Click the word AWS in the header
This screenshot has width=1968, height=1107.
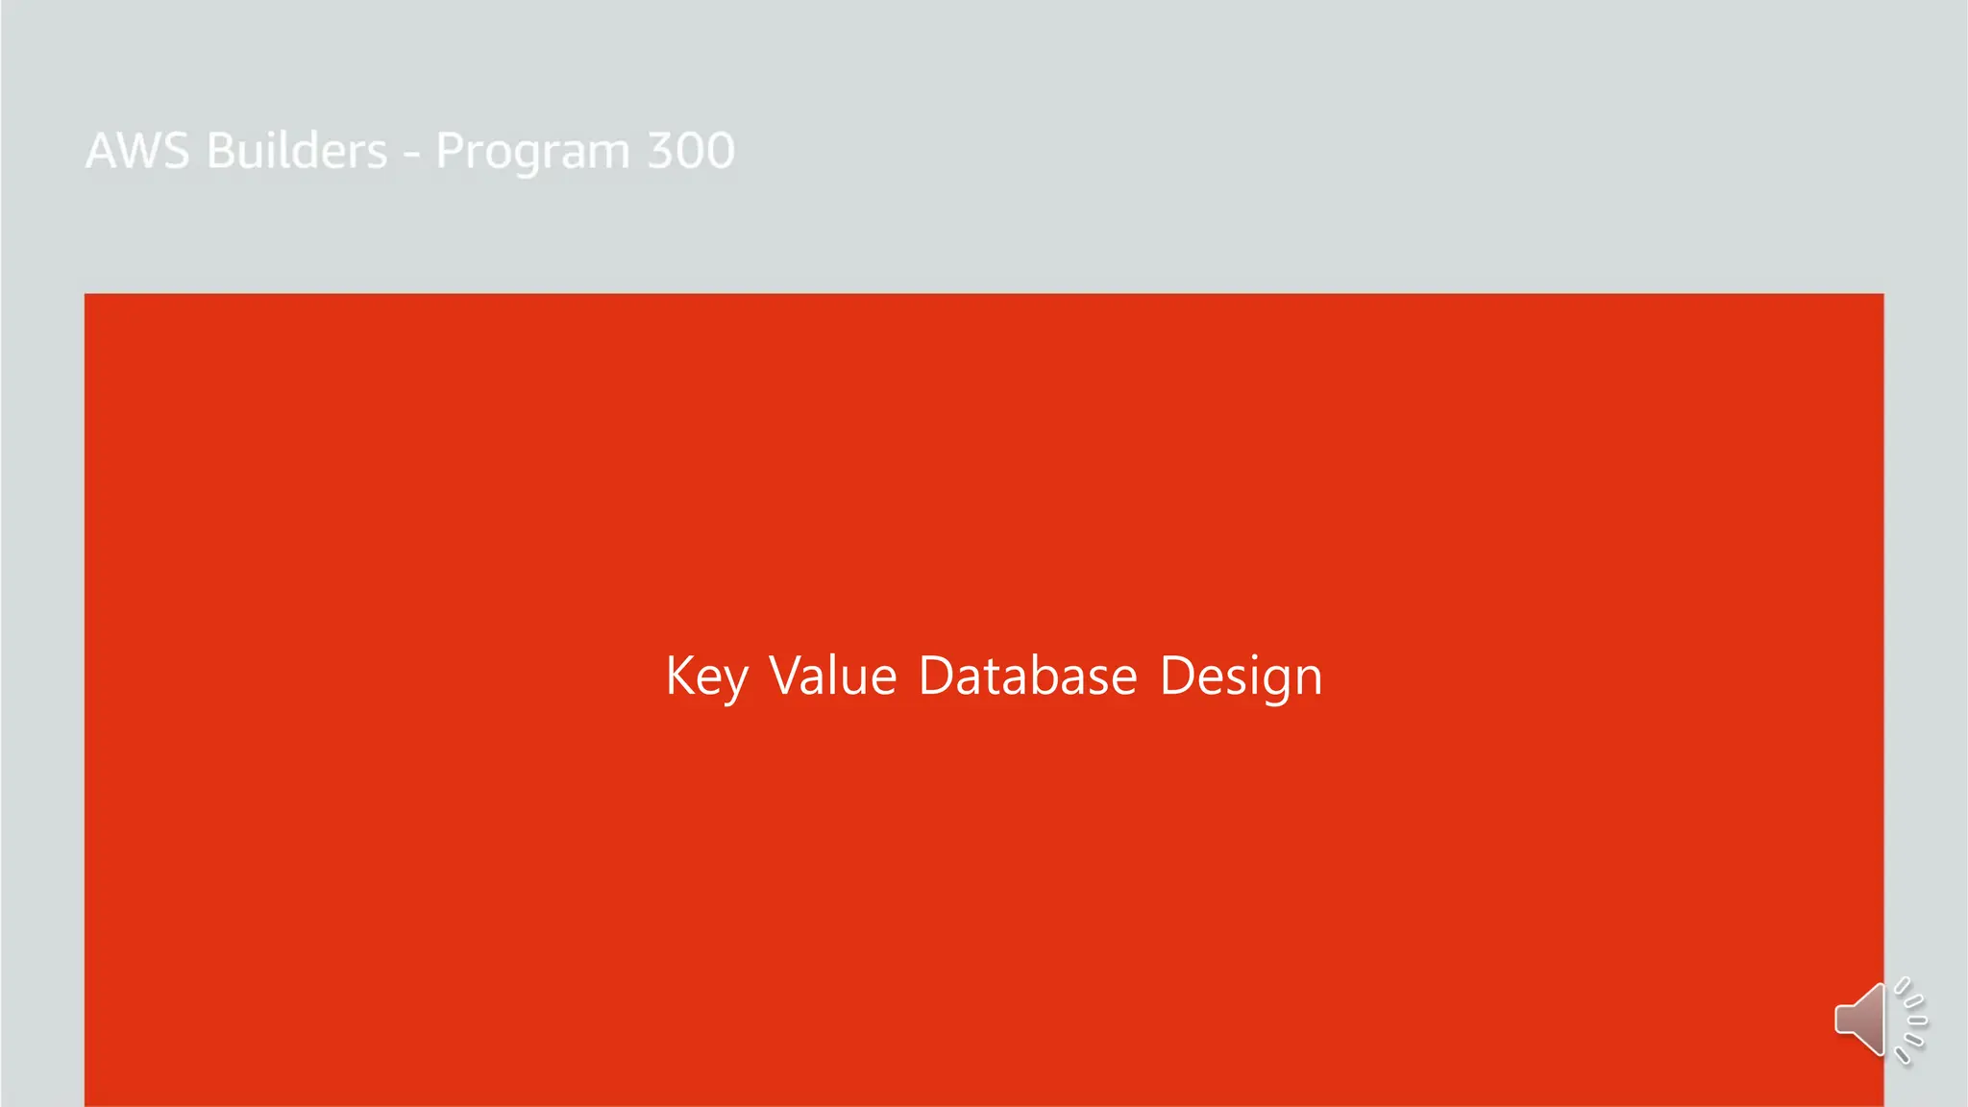[137, 151]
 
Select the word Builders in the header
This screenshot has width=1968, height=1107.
[297, 151]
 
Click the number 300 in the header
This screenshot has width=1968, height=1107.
[691, 151]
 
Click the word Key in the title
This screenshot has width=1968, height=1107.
[706, 676]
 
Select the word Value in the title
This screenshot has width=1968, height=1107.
[833, 676]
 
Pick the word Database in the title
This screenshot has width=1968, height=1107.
[1027, 676]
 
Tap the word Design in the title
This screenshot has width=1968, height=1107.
[1241, 676]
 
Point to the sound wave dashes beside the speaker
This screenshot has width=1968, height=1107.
[1910, 1021]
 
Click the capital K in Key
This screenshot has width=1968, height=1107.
[679, 676]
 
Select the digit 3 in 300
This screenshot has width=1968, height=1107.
[661, 151]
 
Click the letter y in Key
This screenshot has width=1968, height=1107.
[735, 681]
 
